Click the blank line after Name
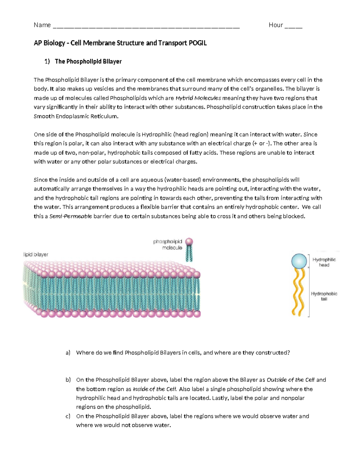[146, 26]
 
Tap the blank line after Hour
[293, 26]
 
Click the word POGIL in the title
[197, 43]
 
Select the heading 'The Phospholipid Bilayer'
[88, 62]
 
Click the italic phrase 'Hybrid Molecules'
[198, 98]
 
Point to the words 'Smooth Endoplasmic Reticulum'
[76, 116]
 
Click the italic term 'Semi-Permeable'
[71, 216]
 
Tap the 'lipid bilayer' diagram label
[36, 254]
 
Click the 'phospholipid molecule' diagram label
[168, 245]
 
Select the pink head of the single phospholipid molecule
[189, 242]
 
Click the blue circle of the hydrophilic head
[299, 261]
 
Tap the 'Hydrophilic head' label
[324, 262]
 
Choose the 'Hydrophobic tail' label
[324, 296]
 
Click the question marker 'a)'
[68, 353]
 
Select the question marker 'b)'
[68, 380]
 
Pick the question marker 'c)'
[68, 416]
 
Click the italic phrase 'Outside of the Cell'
[290, 380]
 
